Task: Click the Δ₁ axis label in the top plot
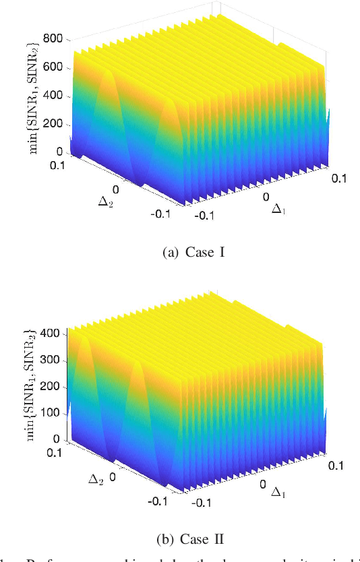coord(277,210)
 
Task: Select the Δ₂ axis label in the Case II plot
coord(96,479)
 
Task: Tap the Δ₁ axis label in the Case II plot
coord(276,493)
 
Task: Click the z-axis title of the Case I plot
coord(32,94)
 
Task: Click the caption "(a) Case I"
coord(179,254)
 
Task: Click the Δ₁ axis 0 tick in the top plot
coord(267,196)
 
